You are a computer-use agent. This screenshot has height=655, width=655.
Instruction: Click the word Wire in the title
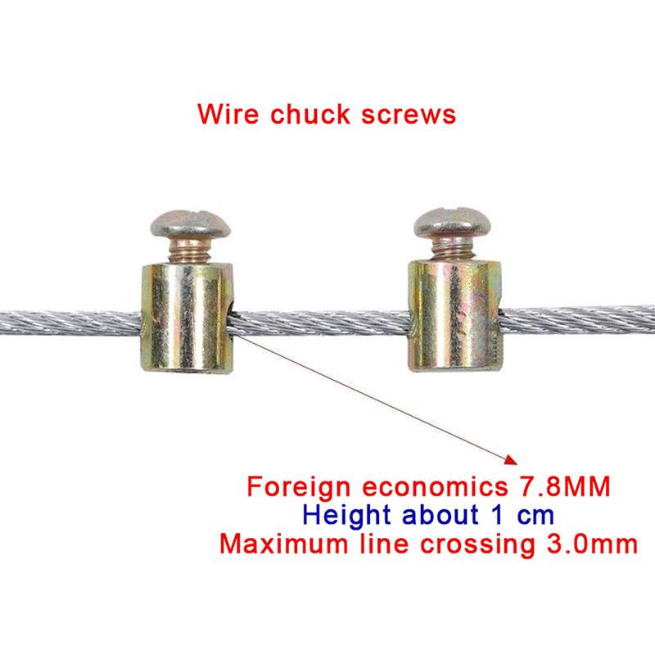pos(228,114)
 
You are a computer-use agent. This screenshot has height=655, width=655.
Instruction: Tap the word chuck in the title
pos(310,114)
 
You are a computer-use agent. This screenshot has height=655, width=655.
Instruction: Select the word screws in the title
pos(408,115)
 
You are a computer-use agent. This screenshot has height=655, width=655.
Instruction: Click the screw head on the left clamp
pos(191,224)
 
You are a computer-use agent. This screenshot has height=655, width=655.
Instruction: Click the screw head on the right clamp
pos(453,222)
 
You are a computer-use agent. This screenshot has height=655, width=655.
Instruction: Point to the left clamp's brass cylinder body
pos(187,318)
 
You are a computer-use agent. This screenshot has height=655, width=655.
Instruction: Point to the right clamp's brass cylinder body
pos(455,315)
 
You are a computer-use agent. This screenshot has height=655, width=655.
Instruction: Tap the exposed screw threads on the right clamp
pos(453,250)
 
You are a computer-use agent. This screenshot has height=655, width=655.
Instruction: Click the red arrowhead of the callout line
pos(511,459)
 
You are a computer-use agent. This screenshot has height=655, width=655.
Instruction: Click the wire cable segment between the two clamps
pos(320,323)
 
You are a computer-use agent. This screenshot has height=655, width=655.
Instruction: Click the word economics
pos(435,486)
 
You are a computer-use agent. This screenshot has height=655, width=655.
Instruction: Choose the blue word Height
pos(346,516)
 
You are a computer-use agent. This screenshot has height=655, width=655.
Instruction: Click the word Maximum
pos(283,544)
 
